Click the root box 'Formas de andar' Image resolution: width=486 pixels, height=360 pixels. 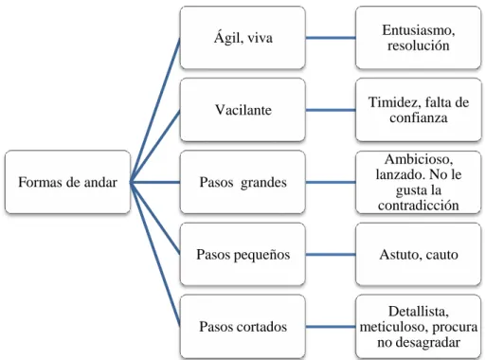(x=67, y=182)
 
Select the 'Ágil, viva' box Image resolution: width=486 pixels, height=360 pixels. (x=243, y=38)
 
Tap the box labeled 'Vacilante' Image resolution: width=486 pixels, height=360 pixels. (x=243, y=110)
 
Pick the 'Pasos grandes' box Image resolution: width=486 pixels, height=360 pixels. (x=243, y=182)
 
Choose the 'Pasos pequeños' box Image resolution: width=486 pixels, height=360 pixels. (x=243, y=255)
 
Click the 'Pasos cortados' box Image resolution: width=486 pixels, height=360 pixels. (x=243, y=327)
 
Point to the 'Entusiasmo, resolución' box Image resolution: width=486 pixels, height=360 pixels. (x=418, y=38)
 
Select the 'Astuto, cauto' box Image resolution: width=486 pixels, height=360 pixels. (x=418, y=255)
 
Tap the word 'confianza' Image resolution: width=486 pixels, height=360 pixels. (x=419, y=117)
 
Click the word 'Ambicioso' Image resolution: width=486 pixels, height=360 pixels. (x=419, y=159)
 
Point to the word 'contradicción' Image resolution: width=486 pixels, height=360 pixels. (x=419, y=206)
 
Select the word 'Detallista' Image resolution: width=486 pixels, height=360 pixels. (x=419, y=312)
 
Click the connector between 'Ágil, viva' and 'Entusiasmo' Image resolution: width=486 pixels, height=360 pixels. (x=331, y=38)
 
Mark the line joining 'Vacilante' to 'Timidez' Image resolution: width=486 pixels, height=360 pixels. (x=331, y=110)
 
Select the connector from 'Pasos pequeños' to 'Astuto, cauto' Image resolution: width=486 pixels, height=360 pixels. (x=331, y=255)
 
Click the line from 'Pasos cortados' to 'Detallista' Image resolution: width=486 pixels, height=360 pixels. (x=331, y=327)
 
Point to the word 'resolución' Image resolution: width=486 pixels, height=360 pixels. (x=419, y=45)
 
